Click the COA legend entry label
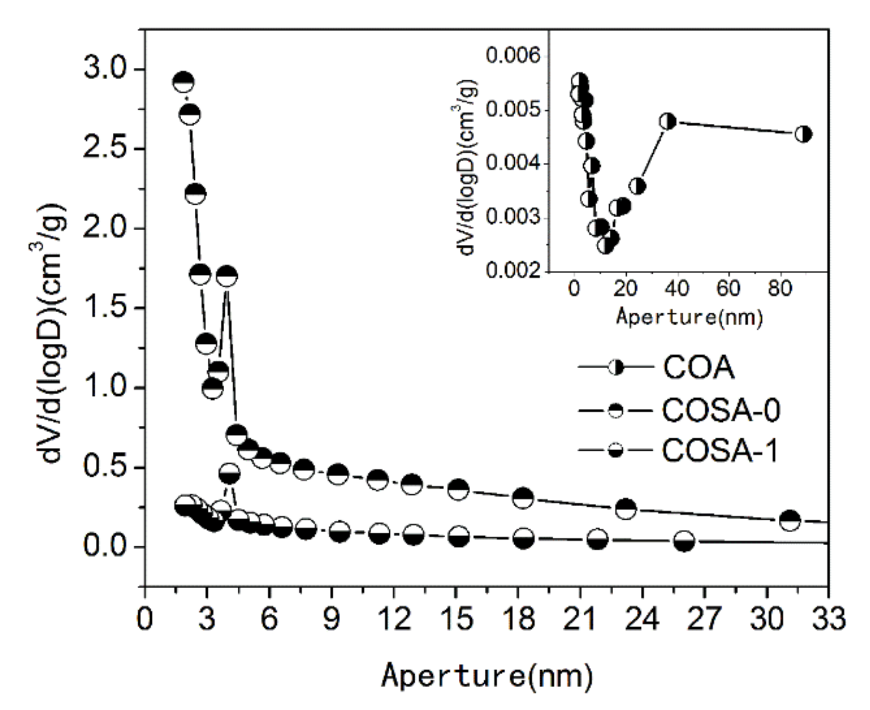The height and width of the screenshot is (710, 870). click(698, 367)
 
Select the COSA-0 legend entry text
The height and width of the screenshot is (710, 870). click(721, 410)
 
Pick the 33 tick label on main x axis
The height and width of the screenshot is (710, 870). click(828, 618)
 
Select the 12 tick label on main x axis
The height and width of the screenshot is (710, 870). click(393, 618)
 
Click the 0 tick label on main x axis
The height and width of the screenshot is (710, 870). click(144, 618)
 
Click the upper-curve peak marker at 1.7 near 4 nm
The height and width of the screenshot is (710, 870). click(227, 276)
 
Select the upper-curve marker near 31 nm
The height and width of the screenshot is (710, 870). click(790, 520)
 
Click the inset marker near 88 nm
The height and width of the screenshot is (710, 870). click(803, 134)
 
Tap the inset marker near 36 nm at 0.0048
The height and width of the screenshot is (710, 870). click(667, 121)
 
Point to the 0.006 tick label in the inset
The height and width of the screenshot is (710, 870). click(513, 55)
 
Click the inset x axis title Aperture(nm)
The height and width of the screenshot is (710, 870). click(690, 317)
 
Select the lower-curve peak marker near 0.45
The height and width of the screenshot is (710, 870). click(230, 474)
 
